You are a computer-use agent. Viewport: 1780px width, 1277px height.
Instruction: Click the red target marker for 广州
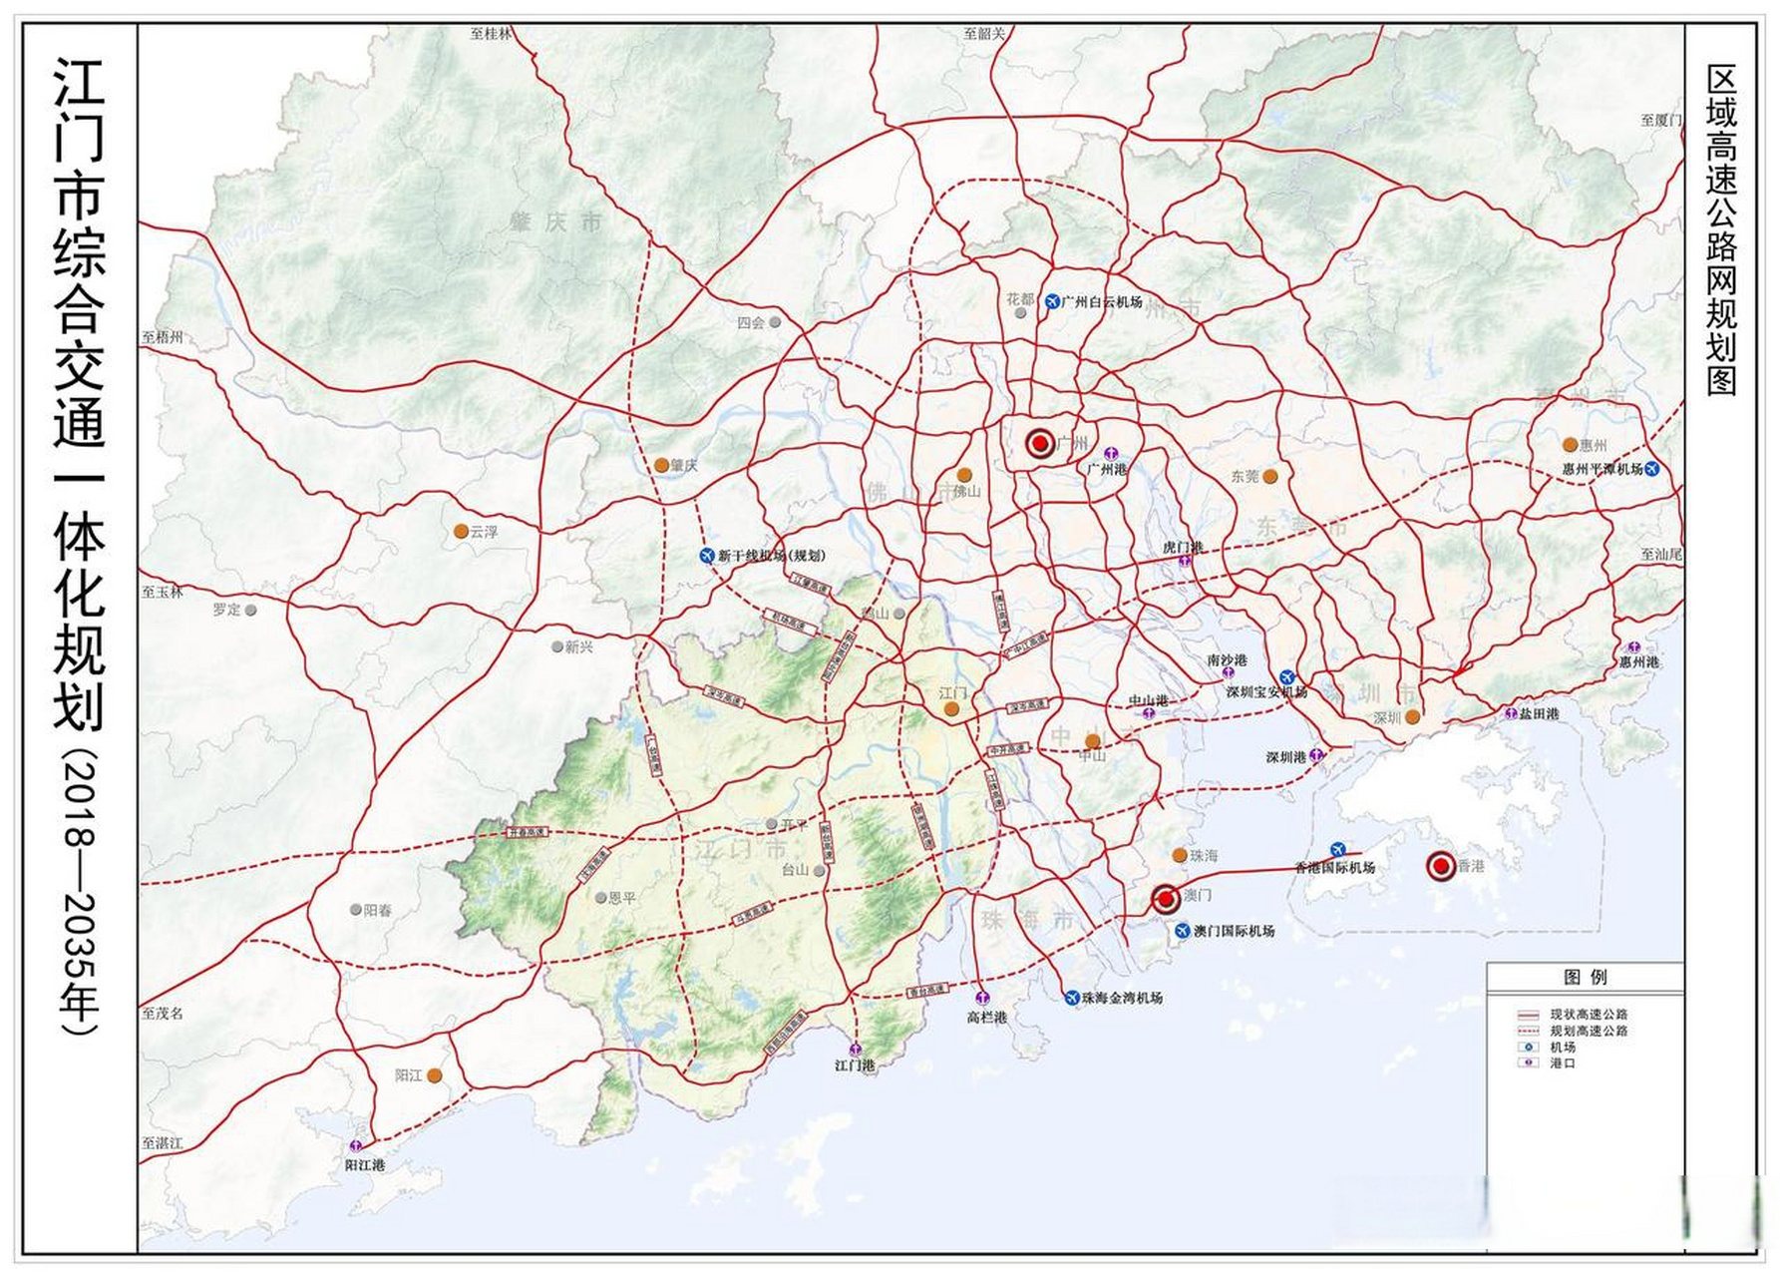pyautogui.click(x=1039, y=443)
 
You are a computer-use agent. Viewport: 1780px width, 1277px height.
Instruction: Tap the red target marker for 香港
pyautogui.click(x=1440, y=866)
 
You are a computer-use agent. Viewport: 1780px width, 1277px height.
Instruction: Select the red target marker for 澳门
pyautogui.click(x=1165, y=899)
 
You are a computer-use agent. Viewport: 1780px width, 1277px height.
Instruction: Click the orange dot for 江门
pyautogui.click(x=951, y=709)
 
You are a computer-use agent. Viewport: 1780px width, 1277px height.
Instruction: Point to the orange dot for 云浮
pyautogui.click(x=461, y=532)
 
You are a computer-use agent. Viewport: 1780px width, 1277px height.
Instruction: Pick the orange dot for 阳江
pyautogui.click(x=434, y=1075)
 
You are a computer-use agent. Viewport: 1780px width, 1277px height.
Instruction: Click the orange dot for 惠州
pyautogui.click(x=1570, y=445)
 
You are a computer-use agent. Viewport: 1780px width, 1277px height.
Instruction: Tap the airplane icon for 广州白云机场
pyautogui.click(x=1051, y=301)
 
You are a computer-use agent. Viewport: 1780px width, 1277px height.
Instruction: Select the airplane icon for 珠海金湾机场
pyautogui.click(x=1072, y=997)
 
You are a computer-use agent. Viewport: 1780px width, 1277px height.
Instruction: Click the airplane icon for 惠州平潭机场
pyautogui.click(x=1652, y=468)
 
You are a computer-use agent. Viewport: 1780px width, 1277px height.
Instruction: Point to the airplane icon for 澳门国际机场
pyautogui.click(x=1183, y=931)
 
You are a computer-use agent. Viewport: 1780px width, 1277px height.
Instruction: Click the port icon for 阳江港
pyautogui.click(x=356, y=1147)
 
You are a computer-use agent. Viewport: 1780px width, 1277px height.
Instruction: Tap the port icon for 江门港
pyautogui.click(x=855, y=1050)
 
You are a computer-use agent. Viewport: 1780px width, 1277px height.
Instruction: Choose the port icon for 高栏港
pyautogui.click(x=982, y=998)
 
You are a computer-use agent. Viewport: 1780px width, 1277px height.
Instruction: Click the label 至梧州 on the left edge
pyautogui.click(x=163, y=337)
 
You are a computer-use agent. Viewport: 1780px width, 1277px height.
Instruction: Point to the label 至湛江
pyautogui.click(x=163, y=1143)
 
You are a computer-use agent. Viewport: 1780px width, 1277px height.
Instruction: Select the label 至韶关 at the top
pyautogui.click(x=984, y=34)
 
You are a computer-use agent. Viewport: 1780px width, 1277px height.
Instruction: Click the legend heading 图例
pyautogui.click(x=1585, y=977)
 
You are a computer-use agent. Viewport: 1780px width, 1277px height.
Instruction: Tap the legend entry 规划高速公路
pyautogui.click(x=1588, y=1031)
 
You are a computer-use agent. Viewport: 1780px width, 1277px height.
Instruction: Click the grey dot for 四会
pyautogui.click(x=775, y=322)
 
